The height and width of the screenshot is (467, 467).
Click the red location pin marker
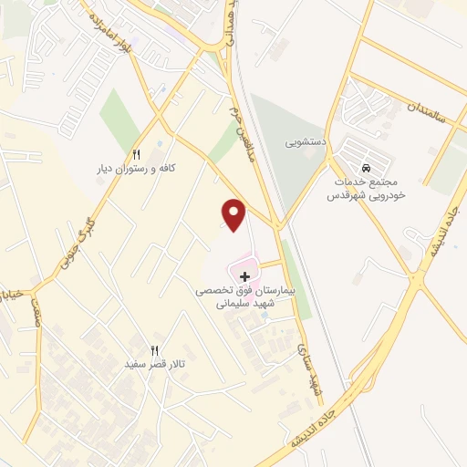(x=235, y=213)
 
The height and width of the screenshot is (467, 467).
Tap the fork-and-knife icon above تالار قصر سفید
(x=154, y=350)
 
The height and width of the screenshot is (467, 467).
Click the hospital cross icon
(x=244, y=276)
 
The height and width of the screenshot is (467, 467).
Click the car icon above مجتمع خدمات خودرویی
(x=366, y=169)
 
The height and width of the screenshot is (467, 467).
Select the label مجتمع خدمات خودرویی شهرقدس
(x=366, y=189)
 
